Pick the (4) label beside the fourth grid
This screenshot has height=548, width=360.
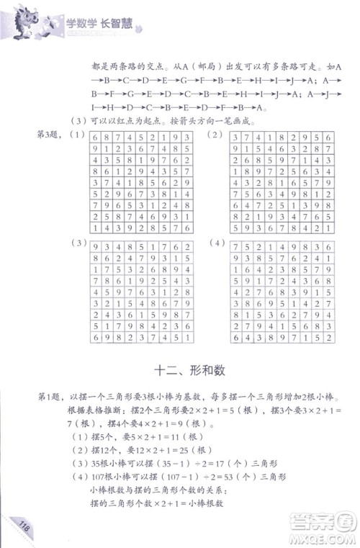(214, 245)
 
